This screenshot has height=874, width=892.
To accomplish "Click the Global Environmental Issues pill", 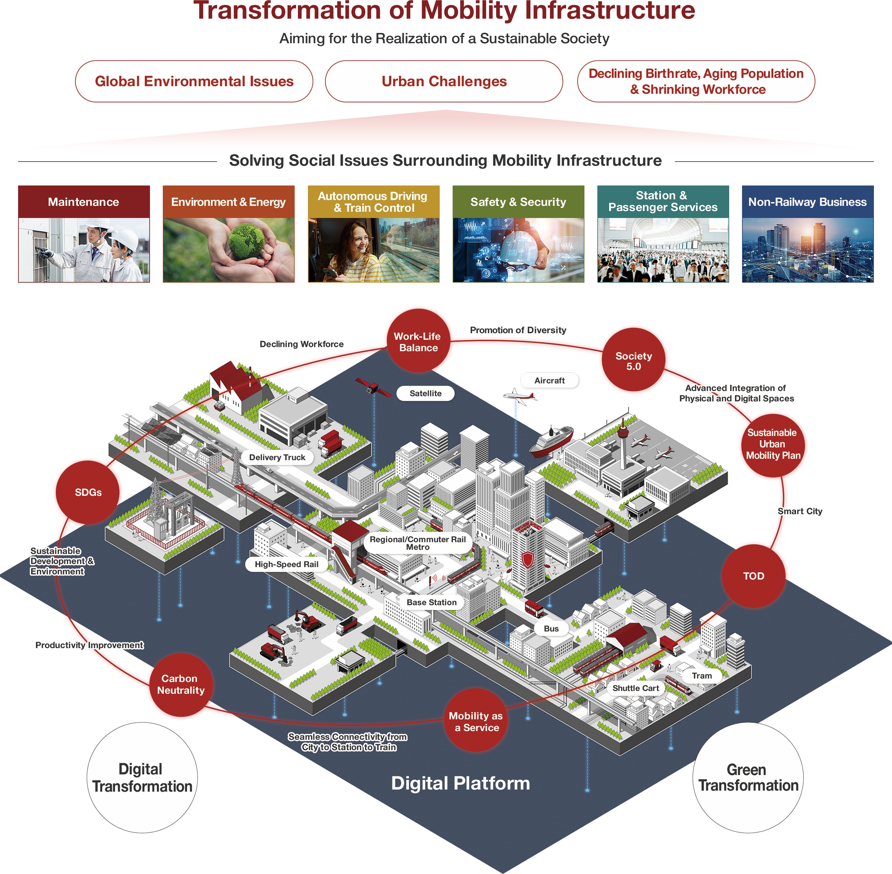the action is coord(194,81).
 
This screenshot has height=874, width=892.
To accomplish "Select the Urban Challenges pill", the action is coord(444,81).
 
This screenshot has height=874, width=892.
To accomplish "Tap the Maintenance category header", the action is coord(84,202).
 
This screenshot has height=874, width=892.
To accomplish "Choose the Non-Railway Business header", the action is coord(807,202).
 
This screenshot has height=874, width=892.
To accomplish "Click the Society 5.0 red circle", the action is coord(633,359).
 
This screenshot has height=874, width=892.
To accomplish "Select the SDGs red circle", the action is coord(88,492).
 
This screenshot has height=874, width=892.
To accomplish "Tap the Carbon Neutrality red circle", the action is coord(181,684).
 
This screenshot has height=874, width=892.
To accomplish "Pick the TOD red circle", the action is coord(753,576).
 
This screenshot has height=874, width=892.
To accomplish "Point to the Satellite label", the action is coord(425,393).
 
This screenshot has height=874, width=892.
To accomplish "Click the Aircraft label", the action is coord(549,380).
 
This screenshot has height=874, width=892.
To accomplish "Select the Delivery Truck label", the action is coord(277,457).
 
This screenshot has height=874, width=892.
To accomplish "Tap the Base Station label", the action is coord(431,602).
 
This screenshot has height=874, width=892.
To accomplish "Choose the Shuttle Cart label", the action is coord(635,688).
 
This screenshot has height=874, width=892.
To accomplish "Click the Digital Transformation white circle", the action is coord(142,778).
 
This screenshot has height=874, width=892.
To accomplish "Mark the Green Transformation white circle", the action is coord(748,778).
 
